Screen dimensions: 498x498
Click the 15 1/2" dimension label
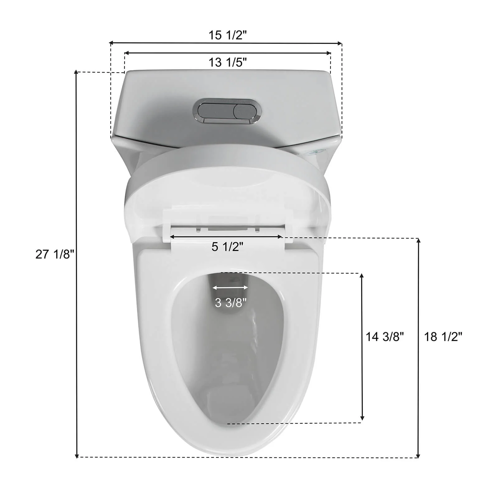pyautogui.click(x=227, y=35)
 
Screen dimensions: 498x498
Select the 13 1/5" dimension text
pyautogui.click(x=227, y=63)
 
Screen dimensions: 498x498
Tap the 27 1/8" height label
pyautogui.click(x=55, y=254)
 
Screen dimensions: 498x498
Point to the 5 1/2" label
pyautogui.click(x=227, y=247)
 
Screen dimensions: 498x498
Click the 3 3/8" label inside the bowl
pyautogui.click(x=230, y=302)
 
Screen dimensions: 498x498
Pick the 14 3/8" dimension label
pyautogui.click(x=384, y=337)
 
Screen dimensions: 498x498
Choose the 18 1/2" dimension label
pyautogui.click(x=443, y=337)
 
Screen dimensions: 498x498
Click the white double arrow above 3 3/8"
pyautogui.click(x=230, y=288)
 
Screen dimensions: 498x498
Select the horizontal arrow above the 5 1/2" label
pyautogui.click(x=226, y=237)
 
